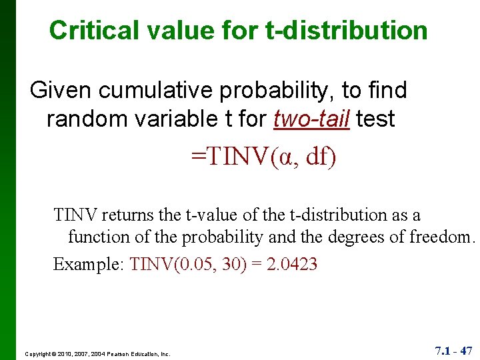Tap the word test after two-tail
tap(376, 119)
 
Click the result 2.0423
tap(292, 264)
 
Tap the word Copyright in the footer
tap(39, 354)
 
